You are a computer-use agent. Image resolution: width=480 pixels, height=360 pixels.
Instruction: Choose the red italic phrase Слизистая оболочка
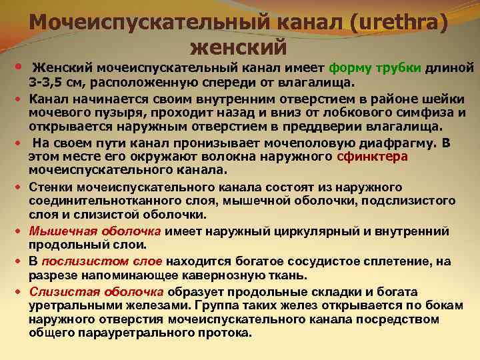pyautogui.click(x=96, y=291)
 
